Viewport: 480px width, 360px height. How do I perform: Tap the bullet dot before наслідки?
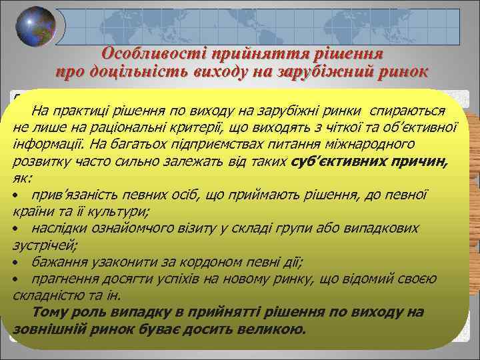(x=15, y=229)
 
